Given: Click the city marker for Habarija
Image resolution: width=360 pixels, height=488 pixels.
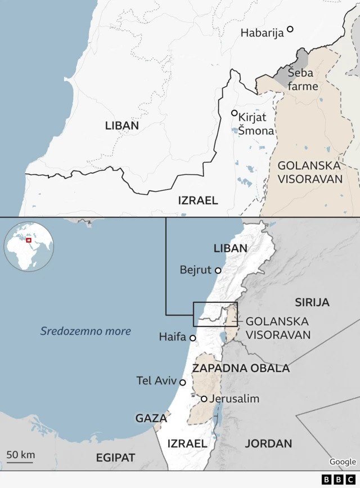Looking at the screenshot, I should click(x=290, y=29).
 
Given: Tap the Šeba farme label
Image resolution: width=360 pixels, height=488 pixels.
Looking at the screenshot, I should click(x=303, y=79).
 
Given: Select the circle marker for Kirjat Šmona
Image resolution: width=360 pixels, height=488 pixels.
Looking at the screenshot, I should click(x=235, y=113).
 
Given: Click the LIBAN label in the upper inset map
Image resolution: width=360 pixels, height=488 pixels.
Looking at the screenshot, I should click(x=121, y=126).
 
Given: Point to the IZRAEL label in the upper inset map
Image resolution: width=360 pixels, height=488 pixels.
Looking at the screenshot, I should click(x=198, y=200).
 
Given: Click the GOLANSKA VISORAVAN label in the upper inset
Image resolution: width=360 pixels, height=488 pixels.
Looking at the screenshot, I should click(x=309, y=172).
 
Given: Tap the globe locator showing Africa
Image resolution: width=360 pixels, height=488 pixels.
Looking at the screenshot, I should click(x=29, y=247).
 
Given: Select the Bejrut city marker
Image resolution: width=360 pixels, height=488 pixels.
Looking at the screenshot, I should click(x=218, y=270).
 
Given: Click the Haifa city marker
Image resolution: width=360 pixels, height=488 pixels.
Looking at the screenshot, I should click(x=193, y=338).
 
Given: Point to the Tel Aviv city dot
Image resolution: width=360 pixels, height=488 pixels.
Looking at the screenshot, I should click(x=182, y=382).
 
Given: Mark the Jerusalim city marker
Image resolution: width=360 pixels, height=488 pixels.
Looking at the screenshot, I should click(x=204, y=399).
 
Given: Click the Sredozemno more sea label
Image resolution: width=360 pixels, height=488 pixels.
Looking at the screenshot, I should click(x=85, y=331).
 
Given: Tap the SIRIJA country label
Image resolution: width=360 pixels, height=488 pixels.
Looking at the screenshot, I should click(x=312, y=302).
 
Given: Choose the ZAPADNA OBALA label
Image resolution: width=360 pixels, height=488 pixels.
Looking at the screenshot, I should click(x=241, y=368).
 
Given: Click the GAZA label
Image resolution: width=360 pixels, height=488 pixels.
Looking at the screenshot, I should click(x=151, y=418).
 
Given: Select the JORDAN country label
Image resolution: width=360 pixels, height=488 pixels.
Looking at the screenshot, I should click(x=268, y=444).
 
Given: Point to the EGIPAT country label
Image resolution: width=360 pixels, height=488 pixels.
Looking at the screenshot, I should click(x=115, y=458).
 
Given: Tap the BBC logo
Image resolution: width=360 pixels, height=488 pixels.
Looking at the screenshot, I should click(x=339, y=479).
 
